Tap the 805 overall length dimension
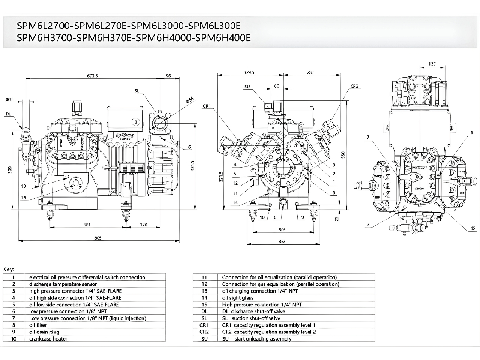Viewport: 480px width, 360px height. [98, 238]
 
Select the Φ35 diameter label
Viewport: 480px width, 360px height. [10, 99]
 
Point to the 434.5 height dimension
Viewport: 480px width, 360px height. [192, 166]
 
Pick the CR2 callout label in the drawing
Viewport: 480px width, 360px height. [354, 86]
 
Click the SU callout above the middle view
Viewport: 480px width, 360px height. [247, 87]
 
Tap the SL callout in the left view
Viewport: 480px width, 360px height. [136, 91]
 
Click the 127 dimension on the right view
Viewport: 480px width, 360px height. [432, 64]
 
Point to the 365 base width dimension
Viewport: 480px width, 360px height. [282, 242]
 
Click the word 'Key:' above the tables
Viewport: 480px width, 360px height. [9, 269]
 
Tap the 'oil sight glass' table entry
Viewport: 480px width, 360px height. [238, 298]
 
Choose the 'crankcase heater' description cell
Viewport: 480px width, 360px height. [48, 339]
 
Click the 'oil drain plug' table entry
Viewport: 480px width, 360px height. [44, 332]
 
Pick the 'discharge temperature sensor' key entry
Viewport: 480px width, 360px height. [63, 284]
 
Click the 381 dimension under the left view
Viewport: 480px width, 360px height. [87, 225]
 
